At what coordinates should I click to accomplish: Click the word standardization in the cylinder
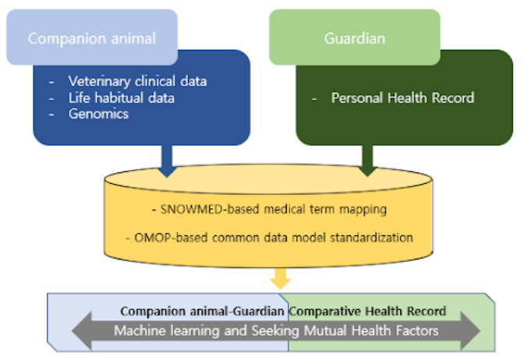(376, 237)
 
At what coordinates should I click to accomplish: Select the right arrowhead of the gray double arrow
(469, 330)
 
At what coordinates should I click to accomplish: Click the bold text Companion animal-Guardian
(203, 311)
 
